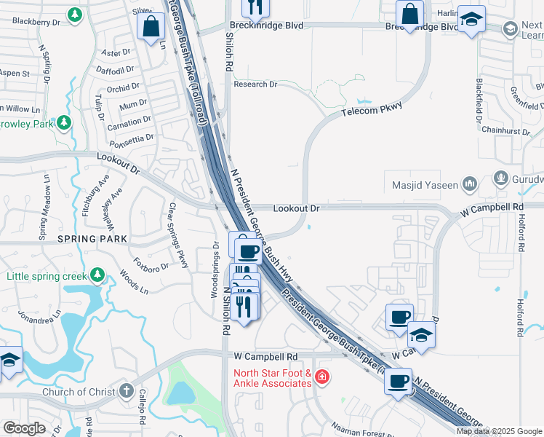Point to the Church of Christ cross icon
click(127, 392)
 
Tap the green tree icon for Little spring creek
click(96, 275)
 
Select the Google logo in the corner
click(24, 428)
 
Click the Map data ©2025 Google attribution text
click(500, 431)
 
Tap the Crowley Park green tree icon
click(65, 122)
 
